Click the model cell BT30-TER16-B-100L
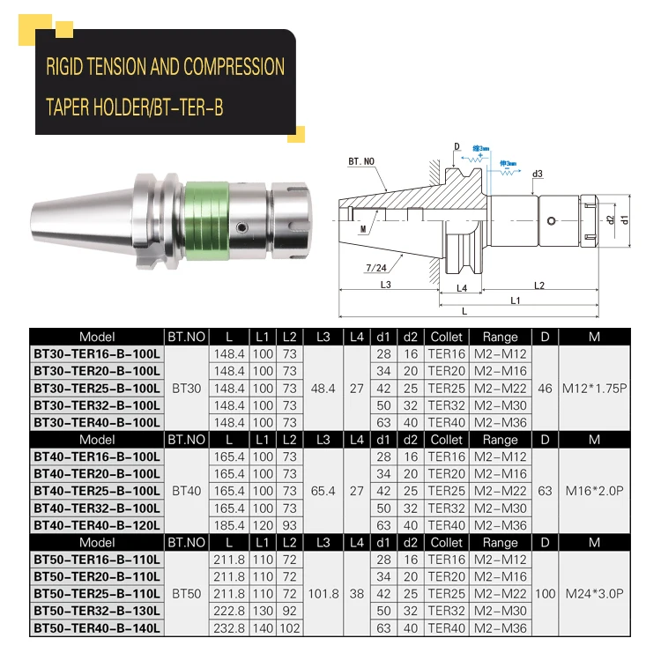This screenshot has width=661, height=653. pos(97,354)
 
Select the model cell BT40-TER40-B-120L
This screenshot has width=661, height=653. pos(97,525)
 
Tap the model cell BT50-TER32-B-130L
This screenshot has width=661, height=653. pos(97,611)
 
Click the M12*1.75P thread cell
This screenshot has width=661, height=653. pos(594,388)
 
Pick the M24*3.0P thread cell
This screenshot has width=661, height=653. pos(594,594)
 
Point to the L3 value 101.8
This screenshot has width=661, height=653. pos(323,594)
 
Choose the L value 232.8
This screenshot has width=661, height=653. pos(229,628)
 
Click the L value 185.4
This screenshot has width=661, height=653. pos(229,525)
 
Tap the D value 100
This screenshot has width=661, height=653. pos(545,594)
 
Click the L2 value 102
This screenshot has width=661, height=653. pos(289,628)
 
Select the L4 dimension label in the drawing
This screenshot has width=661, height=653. pos(461,288)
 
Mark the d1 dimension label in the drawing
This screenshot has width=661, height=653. pos(625,218)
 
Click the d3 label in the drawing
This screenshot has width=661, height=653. pos(537,174)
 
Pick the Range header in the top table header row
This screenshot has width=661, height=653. pos(500,337)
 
